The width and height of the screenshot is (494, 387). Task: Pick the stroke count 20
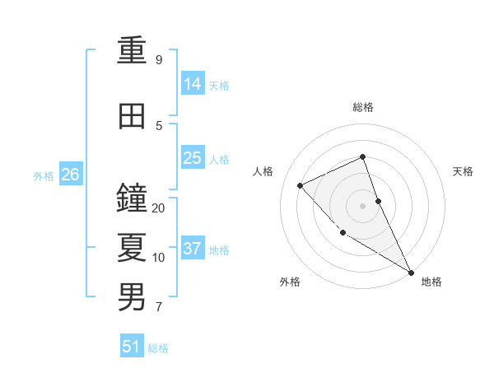(x=159, y=208)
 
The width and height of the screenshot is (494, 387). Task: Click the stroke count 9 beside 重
(x=159, y=60)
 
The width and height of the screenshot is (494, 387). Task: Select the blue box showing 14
(x=193, y=84)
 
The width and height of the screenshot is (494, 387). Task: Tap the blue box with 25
(x=193, y=158)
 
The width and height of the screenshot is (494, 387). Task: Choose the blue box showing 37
(x=193, y=249)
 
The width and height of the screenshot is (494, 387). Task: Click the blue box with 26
(x=71, y=175)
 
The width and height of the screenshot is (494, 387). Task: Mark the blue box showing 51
(x=132, y=347)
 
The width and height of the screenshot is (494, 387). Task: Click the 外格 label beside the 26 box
(x=43, y=175)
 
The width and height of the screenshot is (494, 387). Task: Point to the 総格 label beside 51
(x=158, y=348)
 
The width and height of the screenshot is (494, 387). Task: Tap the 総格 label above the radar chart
(x=363, y=107)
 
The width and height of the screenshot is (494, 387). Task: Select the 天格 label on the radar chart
(x=464, y=171)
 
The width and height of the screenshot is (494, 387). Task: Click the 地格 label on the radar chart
(x=431, y=282)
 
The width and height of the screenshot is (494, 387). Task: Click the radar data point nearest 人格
(x=301, y=185)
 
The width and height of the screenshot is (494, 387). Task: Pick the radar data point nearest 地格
(x=410, y=272)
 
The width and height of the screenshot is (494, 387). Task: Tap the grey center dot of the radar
(x=363, y=206)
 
